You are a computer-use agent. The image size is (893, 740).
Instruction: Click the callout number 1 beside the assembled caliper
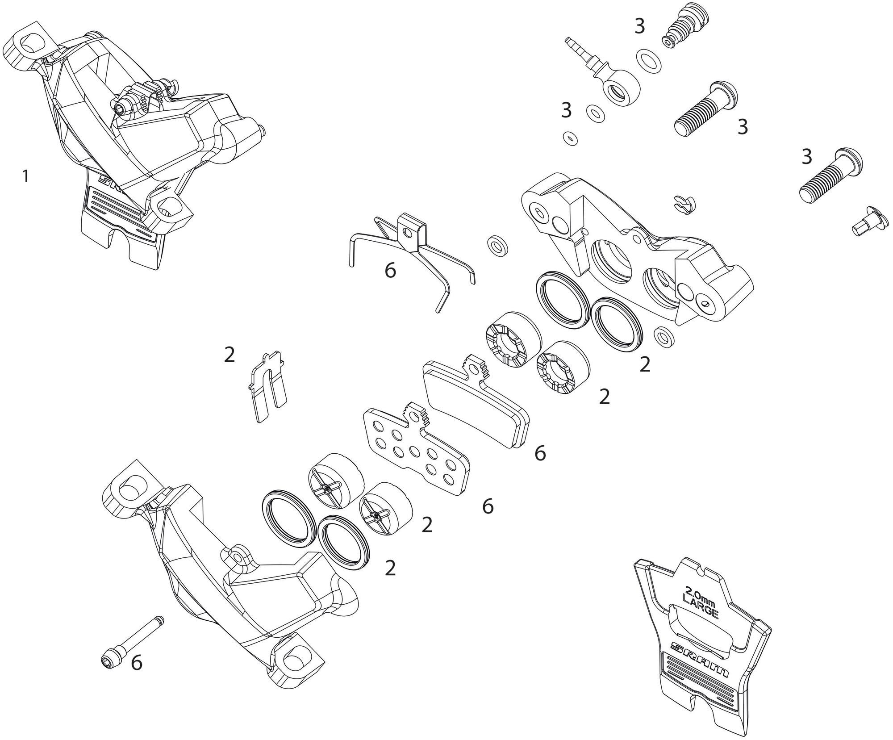click(x=26, y=177)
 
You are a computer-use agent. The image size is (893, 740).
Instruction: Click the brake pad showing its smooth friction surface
click(x=476, y=402)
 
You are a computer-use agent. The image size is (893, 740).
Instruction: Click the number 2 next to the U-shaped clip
click(x=230, y=355)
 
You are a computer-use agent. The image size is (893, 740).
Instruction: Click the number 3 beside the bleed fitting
click(x=640, y=27)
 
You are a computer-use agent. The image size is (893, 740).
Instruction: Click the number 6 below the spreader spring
click(x=391, y=271)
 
